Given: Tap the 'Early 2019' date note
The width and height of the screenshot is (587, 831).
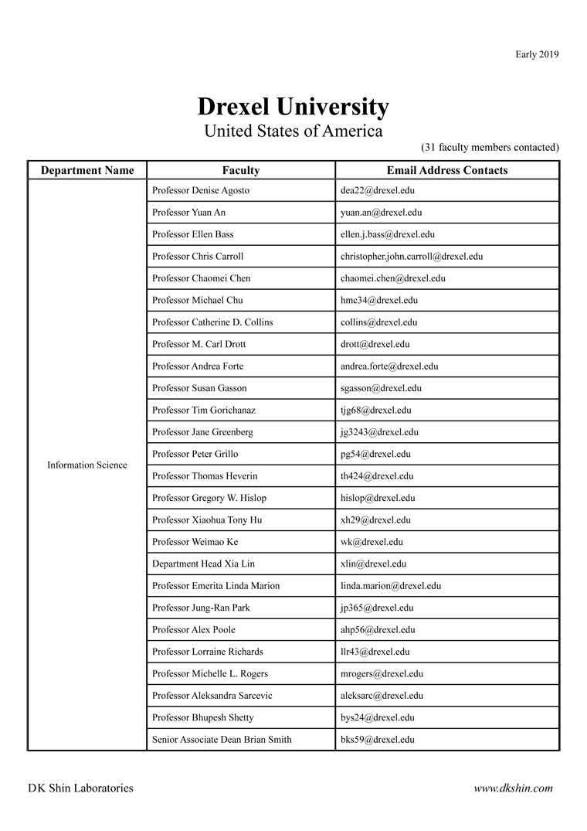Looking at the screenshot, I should point(537,54).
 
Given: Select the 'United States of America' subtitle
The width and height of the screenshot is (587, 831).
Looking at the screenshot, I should point(293,131).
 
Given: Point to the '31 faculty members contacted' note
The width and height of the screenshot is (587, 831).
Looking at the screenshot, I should point(490,147).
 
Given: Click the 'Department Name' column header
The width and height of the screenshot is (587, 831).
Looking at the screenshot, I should point(87,170).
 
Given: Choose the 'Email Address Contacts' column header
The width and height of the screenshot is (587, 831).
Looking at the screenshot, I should point(447,170).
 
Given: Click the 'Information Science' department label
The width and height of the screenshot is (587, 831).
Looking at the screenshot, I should point(87,465).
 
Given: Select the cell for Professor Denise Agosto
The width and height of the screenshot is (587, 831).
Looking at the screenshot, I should point(201,190).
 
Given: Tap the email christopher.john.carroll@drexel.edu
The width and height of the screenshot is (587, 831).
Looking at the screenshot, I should point(412,256).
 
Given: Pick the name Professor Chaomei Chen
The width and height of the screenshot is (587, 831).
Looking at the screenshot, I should point(202,278).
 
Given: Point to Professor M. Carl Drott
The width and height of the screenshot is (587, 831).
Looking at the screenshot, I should point(199,344).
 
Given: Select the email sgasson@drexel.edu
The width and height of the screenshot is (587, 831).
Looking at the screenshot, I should point(381,388).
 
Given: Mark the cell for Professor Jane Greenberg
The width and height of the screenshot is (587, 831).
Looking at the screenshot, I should point(202,432).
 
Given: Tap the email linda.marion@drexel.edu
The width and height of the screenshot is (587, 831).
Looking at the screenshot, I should point(391,586).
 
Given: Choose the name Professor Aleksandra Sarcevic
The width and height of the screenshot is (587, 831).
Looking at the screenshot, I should point(212,696).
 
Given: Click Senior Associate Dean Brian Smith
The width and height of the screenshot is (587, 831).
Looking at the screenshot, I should point(222,740).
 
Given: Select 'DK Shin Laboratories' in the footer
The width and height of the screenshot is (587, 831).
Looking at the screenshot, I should point(80,788).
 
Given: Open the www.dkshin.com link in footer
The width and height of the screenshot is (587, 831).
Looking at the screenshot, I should point(514,788).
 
